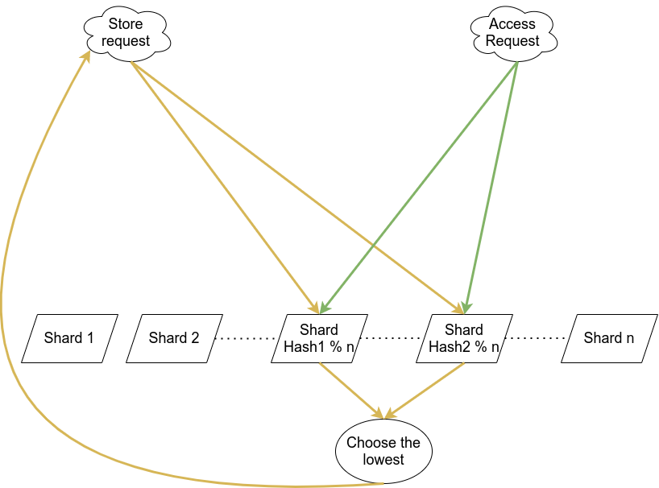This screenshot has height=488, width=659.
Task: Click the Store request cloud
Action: coord(126,33)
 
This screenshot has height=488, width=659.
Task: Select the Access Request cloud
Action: coord(513,33)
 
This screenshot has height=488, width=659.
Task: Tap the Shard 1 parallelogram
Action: coord(69,338)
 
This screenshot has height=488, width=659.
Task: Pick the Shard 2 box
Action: coord(174,338)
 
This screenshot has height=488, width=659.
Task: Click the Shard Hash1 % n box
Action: coord(319,338)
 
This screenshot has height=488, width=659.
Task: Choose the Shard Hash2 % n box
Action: coord(464,338)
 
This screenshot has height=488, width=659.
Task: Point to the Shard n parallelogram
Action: coord(609,338)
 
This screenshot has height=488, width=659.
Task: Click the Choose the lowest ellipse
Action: coord(383,451)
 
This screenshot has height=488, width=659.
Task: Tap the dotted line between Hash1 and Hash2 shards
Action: coord(392,338)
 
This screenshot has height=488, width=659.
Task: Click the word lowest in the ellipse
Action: coord(383,460)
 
